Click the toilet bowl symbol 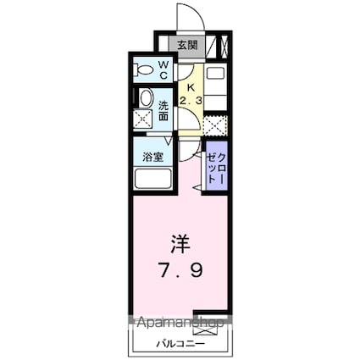(143, 69)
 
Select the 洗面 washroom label (164, 111)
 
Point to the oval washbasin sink (145, 97)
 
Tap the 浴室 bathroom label (152, 157)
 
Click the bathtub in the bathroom (153, 180)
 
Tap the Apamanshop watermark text (177, 324)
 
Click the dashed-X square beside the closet (216, 125)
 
